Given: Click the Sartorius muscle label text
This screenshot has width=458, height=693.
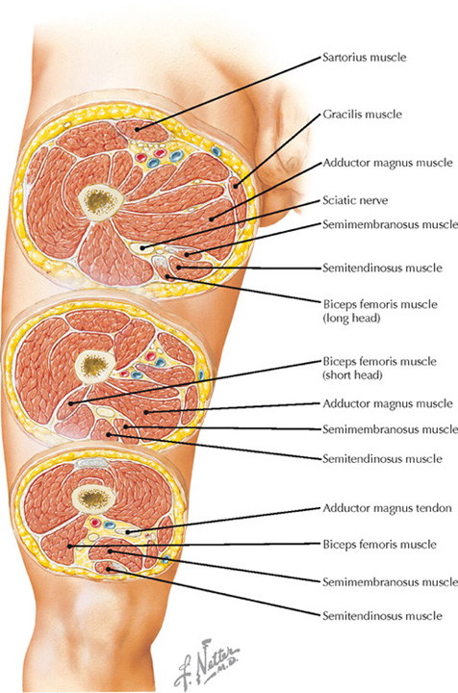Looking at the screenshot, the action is coord(365,58).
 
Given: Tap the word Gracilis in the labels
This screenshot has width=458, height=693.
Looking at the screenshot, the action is coord(341,115).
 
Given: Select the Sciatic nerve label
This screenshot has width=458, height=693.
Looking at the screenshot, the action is coord(355,200).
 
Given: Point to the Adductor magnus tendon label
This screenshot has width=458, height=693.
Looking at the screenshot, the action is coord(388,508).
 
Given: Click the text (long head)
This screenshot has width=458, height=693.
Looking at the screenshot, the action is coord(351,318).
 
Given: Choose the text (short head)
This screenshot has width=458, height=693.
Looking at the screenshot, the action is coord(352,375).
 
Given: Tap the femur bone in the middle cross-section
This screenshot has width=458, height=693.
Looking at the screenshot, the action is coord(95,365).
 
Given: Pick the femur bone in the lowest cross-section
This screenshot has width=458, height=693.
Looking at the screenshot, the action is coord(92,499).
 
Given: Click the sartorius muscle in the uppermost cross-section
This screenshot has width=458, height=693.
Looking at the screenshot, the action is coord(142,130).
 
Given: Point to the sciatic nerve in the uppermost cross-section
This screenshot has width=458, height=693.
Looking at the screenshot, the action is coord(141,248).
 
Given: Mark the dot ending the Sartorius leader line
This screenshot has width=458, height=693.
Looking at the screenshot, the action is coord(137,130).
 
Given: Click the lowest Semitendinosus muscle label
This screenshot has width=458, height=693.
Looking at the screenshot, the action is coord(382,616).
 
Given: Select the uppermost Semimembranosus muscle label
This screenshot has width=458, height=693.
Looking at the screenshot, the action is coord(390,224).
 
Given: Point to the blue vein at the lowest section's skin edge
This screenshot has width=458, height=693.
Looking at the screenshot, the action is coord(165,559).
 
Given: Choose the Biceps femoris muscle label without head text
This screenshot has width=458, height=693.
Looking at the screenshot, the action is coord(379,545).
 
